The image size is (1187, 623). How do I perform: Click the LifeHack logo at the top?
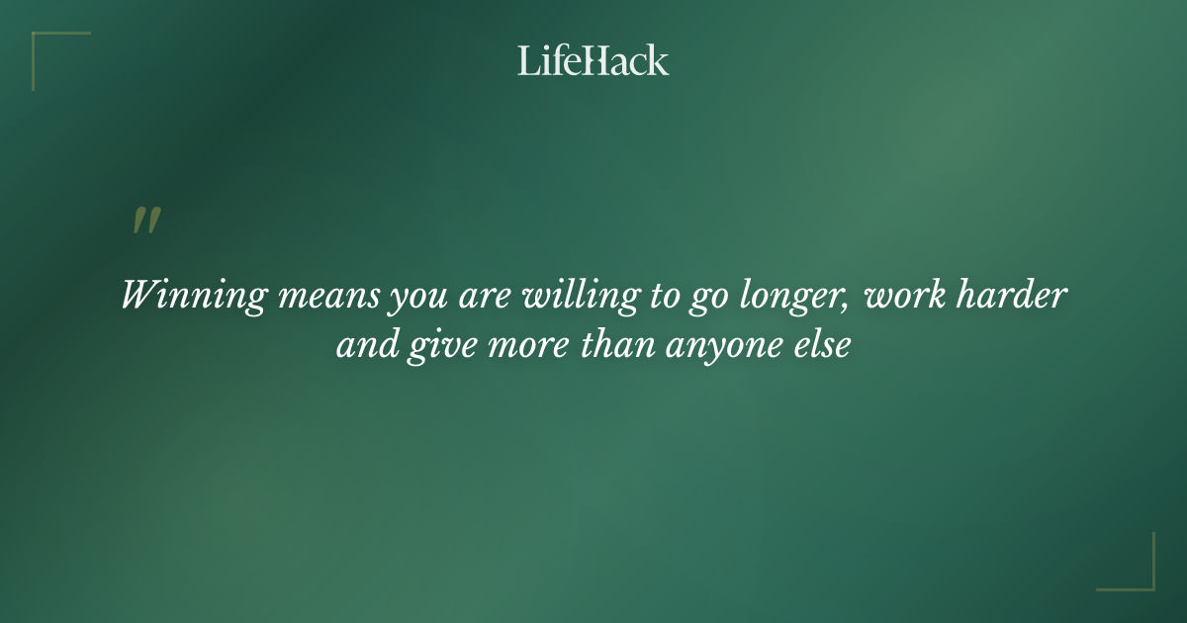593,60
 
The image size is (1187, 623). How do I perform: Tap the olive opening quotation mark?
145,222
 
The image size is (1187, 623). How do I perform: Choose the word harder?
1016,296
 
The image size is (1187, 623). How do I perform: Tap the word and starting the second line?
365,347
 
